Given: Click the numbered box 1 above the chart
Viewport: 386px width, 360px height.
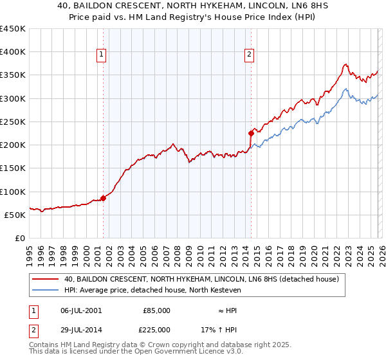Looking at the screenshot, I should tap(102, 55).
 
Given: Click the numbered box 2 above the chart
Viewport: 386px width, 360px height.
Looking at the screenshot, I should tap(249, 55).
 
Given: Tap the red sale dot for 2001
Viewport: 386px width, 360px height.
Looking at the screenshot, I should tap(103, 198).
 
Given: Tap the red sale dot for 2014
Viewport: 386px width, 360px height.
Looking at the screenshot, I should tap(251, 133).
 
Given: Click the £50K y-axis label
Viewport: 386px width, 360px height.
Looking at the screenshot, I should tap(15, 215).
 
